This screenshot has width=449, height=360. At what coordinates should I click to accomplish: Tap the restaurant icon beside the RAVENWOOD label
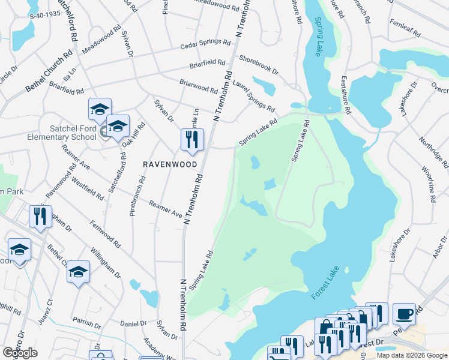point(192,140)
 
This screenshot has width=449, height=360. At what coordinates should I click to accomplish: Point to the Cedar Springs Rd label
point(205,46)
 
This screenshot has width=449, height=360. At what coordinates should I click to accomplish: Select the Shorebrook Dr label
point(259,65)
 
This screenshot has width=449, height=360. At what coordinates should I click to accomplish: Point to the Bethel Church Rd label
point(49,71)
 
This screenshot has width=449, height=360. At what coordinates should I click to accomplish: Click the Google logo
point(20,353)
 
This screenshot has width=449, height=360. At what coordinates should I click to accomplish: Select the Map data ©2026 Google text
point(412,355)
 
